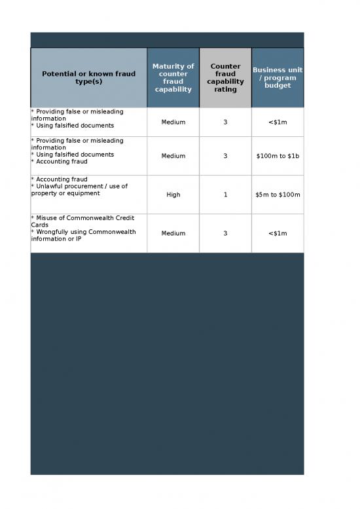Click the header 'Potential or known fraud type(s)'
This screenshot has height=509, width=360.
click(88, 78)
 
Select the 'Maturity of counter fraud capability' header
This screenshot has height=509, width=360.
click(173, 78)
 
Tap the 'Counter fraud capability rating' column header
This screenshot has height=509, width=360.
click(225, 78)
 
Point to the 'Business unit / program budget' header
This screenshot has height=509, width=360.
click(278, 78)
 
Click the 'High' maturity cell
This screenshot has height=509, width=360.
click(173, 195)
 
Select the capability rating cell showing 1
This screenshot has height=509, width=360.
click(225, 195)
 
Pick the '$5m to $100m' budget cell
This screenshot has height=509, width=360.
click(278, 195)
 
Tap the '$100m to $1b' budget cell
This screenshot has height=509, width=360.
click(278, 156)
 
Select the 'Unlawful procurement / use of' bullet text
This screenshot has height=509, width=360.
click(80, 186)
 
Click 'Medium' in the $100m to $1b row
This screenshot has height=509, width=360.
click(173, 156)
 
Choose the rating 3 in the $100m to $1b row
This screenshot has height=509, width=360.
click(225, 156)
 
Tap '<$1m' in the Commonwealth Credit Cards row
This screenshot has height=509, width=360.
click(278, 233)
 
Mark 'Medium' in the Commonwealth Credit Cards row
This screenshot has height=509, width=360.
click(173, 233)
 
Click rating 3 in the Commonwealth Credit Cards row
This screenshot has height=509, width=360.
click(225, 233)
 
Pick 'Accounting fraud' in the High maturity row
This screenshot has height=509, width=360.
click(61, 179)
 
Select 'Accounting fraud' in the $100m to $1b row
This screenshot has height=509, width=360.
click(61, 162)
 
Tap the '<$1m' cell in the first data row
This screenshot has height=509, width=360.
click(278, 122)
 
